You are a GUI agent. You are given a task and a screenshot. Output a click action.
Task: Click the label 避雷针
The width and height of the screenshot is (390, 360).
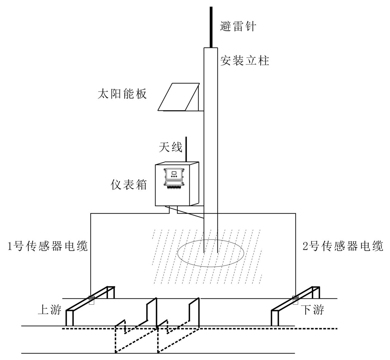(238, 26)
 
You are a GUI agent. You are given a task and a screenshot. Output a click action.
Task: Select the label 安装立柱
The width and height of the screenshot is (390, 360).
(245, 61)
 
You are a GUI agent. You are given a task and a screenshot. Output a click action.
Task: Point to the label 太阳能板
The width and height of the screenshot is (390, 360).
(122, 94)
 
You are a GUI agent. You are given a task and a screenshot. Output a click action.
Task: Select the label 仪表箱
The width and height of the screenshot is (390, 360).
(129, 185)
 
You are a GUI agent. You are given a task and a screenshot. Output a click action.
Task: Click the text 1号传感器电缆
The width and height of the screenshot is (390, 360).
(48, 246)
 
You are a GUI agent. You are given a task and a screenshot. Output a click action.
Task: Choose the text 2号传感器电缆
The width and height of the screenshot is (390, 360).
(343, 246)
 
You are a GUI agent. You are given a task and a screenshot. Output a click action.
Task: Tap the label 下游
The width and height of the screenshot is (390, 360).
(312, 310)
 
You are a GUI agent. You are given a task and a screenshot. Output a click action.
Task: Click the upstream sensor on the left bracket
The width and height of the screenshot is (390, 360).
(91, 300)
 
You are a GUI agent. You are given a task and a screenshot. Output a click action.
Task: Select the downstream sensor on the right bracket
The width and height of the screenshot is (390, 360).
(295, 299)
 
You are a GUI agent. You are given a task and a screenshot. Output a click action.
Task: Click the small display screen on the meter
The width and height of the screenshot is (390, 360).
(174, 173)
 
